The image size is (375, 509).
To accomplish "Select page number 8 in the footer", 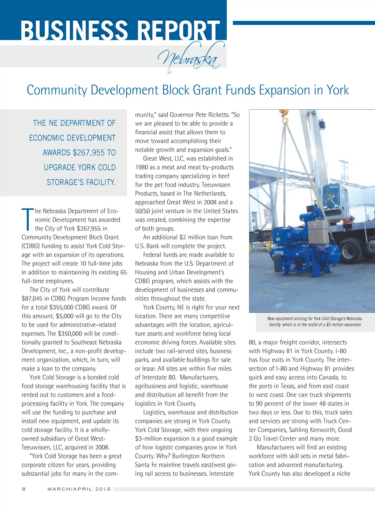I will point(24,489).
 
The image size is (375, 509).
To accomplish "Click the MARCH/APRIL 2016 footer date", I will point(79,489).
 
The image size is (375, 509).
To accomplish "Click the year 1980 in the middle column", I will point(141,167).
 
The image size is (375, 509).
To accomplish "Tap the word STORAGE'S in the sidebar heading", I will point(64,182).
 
